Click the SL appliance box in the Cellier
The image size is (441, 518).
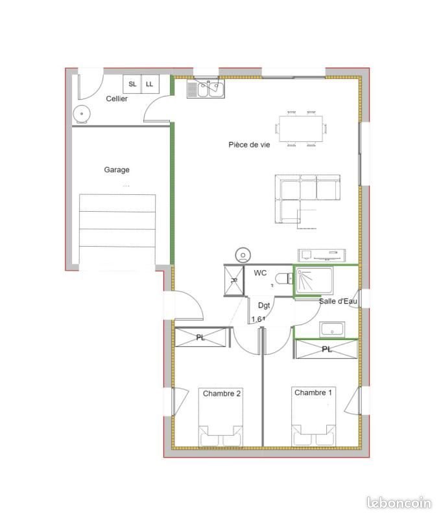click(x=132, y=84)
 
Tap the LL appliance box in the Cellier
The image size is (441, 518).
click(x=150, y=84)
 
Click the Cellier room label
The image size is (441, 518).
click(x=117, y=99)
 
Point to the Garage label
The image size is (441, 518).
click(x=117, y=170)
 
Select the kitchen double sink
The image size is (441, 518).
click(x=206, y=89)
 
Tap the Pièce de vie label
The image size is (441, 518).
click(x=249, y=144)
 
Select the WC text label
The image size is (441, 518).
click(x=260, y=273)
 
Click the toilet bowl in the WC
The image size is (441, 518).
click(x=283, y=278)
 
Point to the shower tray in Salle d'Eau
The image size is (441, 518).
click(x=313, y=280)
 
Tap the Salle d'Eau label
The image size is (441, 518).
click(x=337, y=301)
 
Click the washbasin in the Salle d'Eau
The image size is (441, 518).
click(x=331, y=330)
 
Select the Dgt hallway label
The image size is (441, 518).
click(x=264, y=305)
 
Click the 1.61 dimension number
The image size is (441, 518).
click(x=258, y=319)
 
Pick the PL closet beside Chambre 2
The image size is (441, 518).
click(x=202, y=337)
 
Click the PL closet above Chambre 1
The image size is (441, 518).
click(x=326, y=350)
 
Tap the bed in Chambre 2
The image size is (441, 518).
click(x=221, y=418)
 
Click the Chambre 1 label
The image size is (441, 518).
click(x=314, y=393)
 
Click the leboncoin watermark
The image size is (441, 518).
click(x=399, y=502)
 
